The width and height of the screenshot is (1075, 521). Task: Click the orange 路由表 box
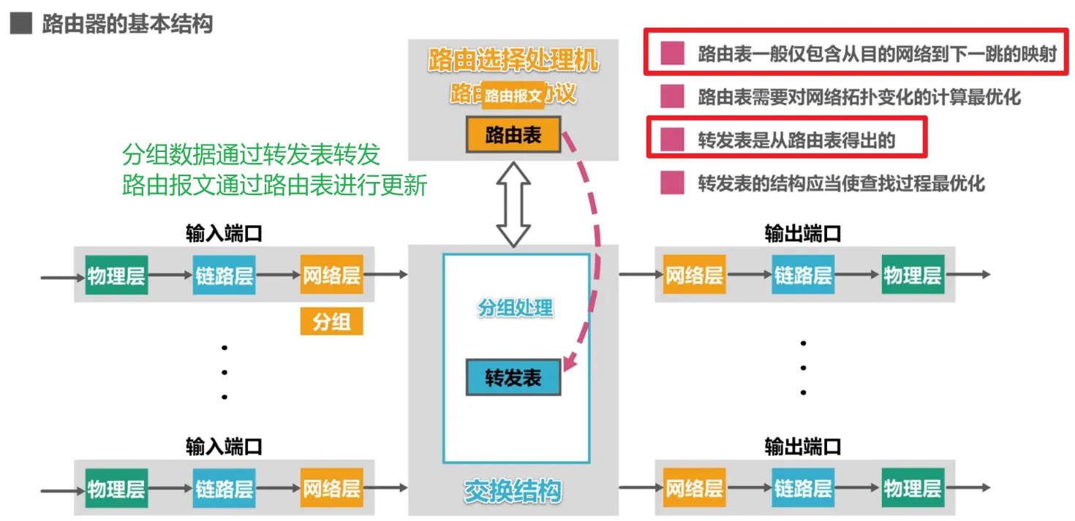(x=513, y=134)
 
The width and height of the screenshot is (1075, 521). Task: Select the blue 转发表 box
(x=513, y=377)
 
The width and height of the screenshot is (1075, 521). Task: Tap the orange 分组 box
(x=331, y=322)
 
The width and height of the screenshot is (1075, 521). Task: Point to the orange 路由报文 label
(x=513, y=96)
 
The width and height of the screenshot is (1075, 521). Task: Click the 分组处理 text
(x=516, y=308)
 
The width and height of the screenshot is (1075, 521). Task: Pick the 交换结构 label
(x=513, y=491)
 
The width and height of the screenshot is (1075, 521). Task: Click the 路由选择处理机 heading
(x=513, y=61)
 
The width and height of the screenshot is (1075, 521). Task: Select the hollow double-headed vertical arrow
(x=513, y=203)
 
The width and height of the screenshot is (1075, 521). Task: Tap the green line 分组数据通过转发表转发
(x=251, y=155)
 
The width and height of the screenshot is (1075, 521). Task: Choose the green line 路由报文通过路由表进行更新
(x=274, y=186)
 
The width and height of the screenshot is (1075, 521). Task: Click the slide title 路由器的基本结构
(x=127, y=24)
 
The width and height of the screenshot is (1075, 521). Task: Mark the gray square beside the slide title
(x=20, y=24)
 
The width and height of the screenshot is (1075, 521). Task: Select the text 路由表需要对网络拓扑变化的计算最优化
(x=859, y=96)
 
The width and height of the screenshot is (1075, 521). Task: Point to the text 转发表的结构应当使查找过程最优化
(x=841, y=183)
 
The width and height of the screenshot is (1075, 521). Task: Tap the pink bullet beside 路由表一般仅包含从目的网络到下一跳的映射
(x=672, y=53)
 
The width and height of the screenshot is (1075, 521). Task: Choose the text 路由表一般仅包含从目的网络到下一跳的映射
(x=877, y=54)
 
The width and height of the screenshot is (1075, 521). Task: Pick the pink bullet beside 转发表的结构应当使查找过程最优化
(x=672, y=183)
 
